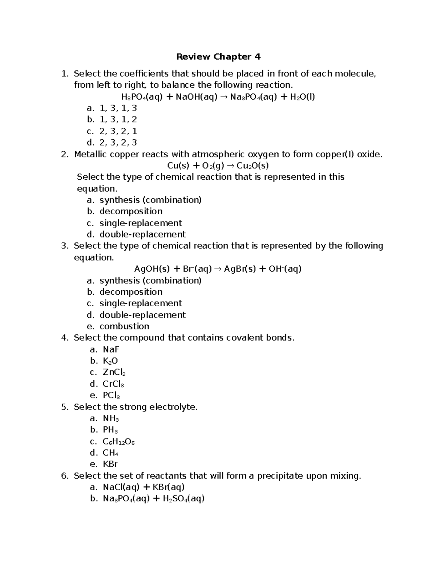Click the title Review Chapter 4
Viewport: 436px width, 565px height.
(x=218, y=57)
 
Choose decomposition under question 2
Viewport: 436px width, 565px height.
(x=131, y=211)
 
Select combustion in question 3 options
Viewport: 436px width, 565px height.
(x=124, y=326)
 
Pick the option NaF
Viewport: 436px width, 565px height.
(x=111, y=350)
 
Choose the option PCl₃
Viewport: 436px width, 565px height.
(x=111, y=395)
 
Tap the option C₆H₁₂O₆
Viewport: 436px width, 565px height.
(x=119, y=442)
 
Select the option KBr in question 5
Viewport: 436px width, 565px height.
(x=110, y=464)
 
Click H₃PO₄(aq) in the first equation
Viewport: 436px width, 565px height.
(x=142, y=97)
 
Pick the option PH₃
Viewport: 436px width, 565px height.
(x=110, y=430)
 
